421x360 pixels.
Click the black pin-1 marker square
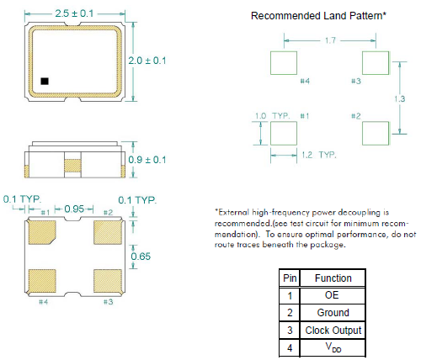point(45,81)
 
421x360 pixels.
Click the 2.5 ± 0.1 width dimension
point(74,13)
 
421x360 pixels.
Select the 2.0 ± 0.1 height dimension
point(147,61)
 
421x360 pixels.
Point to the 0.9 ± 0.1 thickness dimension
point(147,160)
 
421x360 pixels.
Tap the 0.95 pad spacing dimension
point(74,209)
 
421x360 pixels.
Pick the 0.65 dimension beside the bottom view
point(141,257)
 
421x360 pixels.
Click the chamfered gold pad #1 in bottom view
point(42,232)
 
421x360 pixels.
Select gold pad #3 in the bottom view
point(108,281)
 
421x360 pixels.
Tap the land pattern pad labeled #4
point(284,63)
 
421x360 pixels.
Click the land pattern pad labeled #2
point(376,134)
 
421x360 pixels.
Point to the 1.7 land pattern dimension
point(330,40)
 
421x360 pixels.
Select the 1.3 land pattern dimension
point(399,98)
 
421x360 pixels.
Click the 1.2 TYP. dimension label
point(319,155)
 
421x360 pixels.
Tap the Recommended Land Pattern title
point(318,16)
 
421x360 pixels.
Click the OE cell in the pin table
point(332,295)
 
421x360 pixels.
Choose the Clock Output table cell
point(333,331)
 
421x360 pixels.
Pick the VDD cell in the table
point(333,347)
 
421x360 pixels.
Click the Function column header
point(333,278)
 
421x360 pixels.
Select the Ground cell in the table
point(333,313)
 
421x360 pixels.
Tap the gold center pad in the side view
point(72,166)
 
